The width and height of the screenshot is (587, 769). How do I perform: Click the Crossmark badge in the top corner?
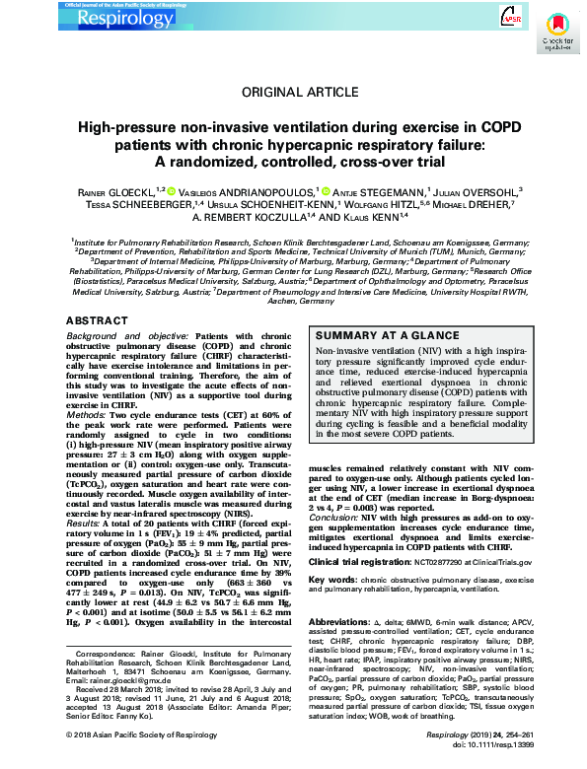556,35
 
